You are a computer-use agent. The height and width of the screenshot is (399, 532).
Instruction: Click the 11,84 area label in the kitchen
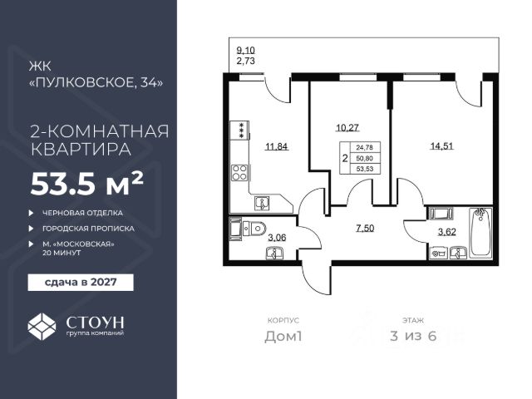pyautogui.click(x=277, y=147)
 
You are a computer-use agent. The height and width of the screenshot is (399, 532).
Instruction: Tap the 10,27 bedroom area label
pyautogui.click(x=347, y=128)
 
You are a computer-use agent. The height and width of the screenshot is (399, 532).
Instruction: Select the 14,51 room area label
pyautogui.click(x=441, y=146)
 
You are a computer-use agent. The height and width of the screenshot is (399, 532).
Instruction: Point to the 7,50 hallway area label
pyautogui.click(x=365, y=229)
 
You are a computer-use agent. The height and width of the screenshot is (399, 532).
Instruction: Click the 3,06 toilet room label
pyautogui.click(x=277, y=238)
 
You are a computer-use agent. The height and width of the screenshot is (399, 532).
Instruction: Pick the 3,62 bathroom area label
pyautogui.click(x=447, y=232)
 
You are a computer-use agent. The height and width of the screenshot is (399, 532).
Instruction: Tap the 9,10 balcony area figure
pyautogui.click(x=245, y=51)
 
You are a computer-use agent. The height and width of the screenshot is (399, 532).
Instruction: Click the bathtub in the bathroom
pyautogui.click(x=480, y=233)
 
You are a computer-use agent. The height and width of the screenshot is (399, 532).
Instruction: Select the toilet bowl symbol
pyautogui.click(x=254, y=228)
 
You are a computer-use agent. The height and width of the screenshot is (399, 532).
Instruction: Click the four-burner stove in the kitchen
pyautogui.click(x=239, y=172)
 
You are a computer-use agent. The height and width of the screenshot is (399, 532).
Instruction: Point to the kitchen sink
pyautogui.click(x=262, y=204)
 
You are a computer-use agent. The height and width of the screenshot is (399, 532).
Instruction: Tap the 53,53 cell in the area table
pyautogui.click(x=365, y=169)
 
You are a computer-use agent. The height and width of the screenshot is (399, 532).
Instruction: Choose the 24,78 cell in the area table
pyautogui.click(x=365, y=148)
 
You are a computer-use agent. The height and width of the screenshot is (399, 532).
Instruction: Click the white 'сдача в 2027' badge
pyautogui.click(x=81, y=283)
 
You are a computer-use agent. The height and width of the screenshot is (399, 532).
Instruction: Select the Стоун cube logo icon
pyautogui.click(x=42, y=327)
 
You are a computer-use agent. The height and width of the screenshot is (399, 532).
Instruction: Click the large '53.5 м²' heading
pyautogui.click(x=86, y=185)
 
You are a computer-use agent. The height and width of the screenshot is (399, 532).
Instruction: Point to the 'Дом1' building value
pyautogui.click(x=283, y=336)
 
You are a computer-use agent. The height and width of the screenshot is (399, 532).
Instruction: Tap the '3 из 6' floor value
pyautogui.click(x=413, y=336)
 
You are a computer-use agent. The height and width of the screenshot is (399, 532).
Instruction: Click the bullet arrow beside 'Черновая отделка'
pyautogui.click(x=32, y=213)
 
